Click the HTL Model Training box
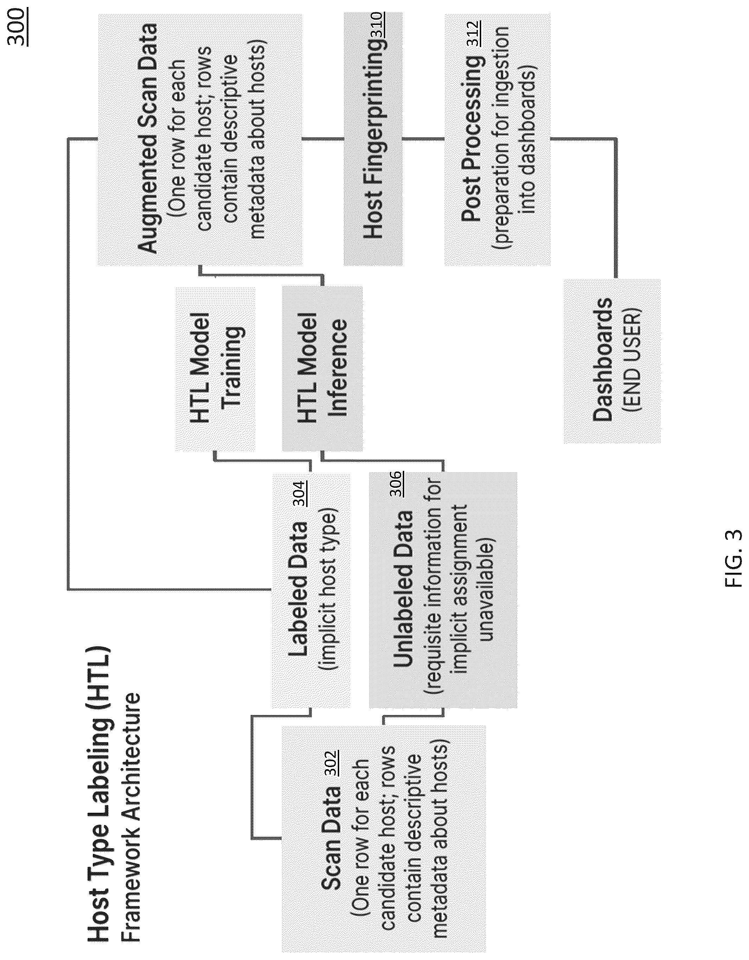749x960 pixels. click(215, 369)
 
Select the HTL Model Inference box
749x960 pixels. click(322, 369)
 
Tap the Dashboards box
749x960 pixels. click(612, 361)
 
